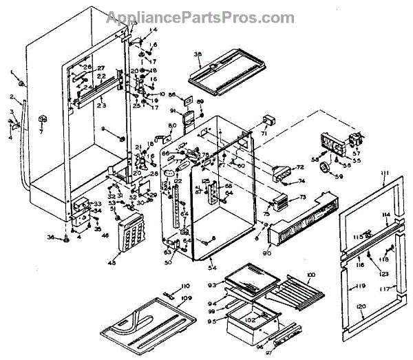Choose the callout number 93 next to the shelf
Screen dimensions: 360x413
(213, 284)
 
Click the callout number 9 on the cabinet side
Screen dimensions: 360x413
(103, 129)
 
